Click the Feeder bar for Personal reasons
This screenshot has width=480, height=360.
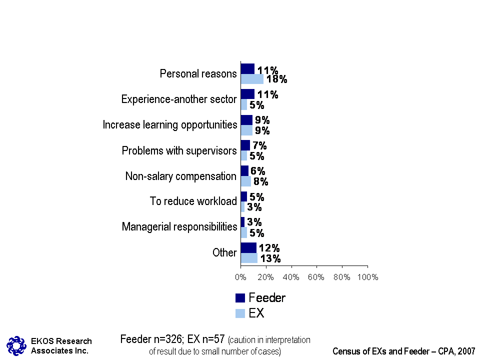click(247, 68)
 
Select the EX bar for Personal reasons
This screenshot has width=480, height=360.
click(252, 79)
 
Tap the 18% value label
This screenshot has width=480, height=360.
click(276, 79)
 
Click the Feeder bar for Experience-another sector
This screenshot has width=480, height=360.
click(247, 94)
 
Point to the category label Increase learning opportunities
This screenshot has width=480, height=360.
click(170, 124)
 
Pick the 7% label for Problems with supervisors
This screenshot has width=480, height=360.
click(259, 145)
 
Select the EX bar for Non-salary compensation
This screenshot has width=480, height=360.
click(245, 181)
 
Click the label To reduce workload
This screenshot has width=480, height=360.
click(193, 201)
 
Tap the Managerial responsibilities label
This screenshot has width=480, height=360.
click(179, 227)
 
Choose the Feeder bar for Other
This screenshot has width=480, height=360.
click(248, 247)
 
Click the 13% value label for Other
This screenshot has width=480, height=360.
click(270, 258)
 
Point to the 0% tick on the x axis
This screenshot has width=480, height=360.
click(240, 277)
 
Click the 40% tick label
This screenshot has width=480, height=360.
click(291, 277)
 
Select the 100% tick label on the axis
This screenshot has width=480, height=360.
click(367, 277)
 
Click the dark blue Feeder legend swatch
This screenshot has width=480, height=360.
click(240, 298)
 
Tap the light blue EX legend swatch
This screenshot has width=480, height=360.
click(240, 313)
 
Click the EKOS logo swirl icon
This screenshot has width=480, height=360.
click(16, 345)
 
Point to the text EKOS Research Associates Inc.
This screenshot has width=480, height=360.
click(61, 345)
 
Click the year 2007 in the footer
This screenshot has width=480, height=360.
click(466, 351)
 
